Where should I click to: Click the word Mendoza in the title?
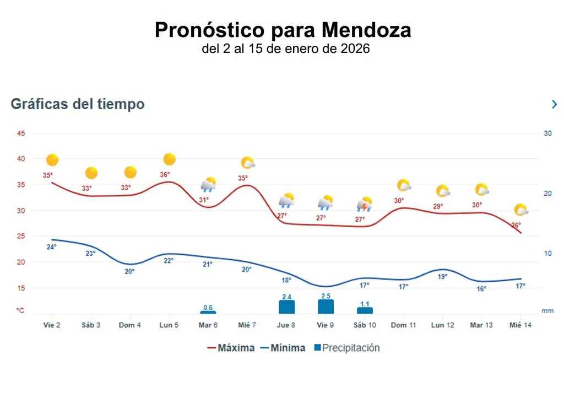pos(366,30)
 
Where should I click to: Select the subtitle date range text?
pos(285,49)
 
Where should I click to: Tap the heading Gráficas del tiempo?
pos(78,104)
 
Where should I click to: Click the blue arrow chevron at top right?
pos(554,104)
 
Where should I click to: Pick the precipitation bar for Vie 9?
pos(326,307)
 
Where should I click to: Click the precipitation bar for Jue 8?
pos(287,307)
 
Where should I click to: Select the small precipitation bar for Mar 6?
pos(208,312)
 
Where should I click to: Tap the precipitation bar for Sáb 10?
pos(365,310)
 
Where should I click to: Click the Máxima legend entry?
pos(231,348)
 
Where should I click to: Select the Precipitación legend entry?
pos(346,348)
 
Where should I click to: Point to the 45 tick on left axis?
pos(21,133)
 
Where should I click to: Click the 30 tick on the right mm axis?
pos(547,133)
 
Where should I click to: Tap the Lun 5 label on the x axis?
pos(169,325)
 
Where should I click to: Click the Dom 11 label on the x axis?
pos(403,325)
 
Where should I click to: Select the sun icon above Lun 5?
pos(170,159)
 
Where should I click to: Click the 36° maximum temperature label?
pos(164,175)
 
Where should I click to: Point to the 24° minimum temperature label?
pos(51,247)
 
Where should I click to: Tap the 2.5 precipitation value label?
pos(326,296)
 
